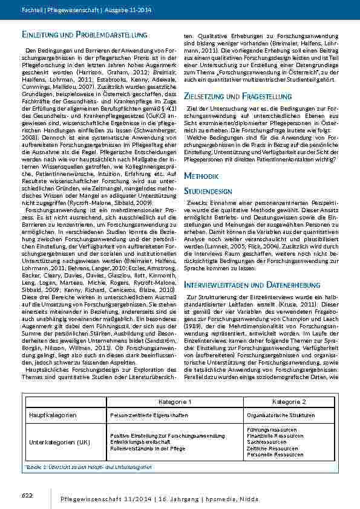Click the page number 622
tap(27, 495)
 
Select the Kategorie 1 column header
tap(175, 401)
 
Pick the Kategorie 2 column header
tap(289, 401)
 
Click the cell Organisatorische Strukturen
tap(277, 416)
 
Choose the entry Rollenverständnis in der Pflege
tap(148, 449)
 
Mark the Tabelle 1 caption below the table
tap(83, 467)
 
